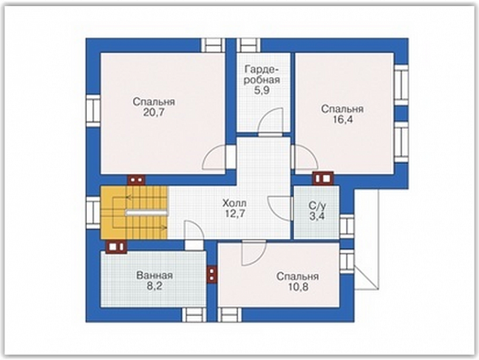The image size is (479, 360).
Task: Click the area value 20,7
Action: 153,113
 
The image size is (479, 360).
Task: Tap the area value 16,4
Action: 342,119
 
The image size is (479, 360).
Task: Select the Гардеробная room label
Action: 262,75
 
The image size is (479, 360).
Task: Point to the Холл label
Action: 234,203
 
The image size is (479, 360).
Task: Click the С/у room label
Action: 317,205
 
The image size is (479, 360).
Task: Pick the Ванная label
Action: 155,275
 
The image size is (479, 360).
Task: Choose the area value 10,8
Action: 298,287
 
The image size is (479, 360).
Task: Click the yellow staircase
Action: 134,213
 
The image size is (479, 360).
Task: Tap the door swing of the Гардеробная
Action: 270,122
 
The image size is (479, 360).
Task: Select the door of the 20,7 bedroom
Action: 219,157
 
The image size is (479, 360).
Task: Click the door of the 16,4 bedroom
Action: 304,157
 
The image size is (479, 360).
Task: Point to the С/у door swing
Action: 280,208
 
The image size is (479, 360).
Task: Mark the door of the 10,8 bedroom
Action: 254,253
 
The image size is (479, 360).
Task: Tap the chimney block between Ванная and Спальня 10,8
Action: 212,275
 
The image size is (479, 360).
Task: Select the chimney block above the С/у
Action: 323,178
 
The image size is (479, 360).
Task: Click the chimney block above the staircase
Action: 136,180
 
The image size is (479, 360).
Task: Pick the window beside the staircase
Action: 93,213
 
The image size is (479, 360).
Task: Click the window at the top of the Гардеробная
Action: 249,45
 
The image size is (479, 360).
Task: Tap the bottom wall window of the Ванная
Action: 195,315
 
